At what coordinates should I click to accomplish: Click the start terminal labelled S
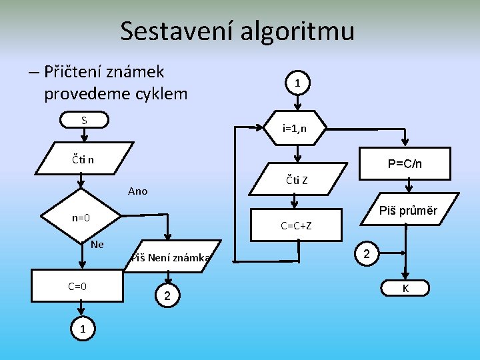(x=85, y=121)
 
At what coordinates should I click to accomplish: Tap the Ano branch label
(x=137, y=191)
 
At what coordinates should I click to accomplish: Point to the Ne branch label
(x=97, y=244)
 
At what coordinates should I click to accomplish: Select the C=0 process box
(x=77, y=286)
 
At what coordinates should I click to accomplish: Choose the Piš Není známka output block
(x=171, y=257)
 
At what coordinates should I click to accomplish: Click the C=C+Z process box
(x=296, y=225)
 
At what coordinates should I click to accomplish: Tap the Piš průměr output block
(x=407, y=211)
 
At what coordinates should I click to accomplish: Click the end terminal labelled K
(x=405, y=288)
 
